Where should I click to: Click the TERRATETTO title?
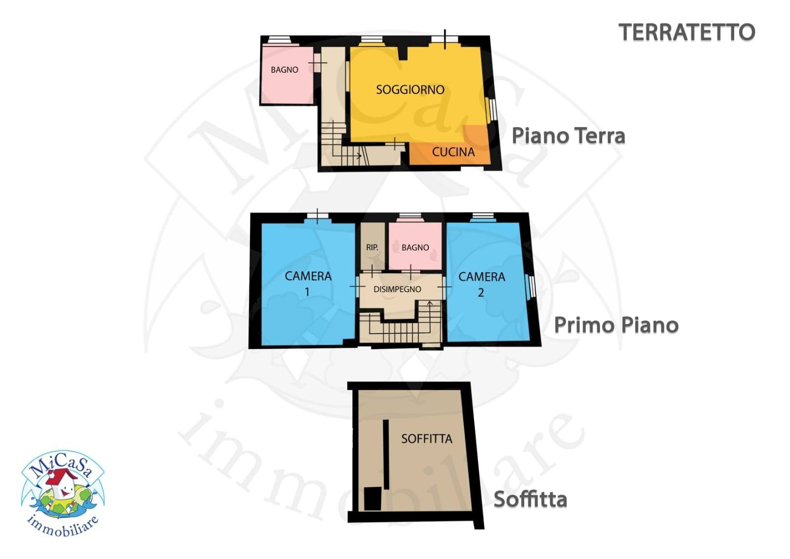[686, 33]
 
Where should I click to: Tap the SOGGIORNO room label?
[410, 90]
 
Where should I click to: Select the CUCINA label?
[453, 152]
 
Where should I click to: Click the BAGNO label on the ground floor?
[285, 70]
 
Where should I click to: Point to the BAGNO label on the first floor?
[415, 248]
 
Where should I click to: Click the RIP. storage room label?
[372, 248]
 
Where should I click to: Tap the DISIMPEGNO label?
[397, 290]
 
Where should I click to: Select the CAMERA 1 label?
[308, 284]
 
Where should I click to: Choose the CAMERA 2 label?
[482, 284]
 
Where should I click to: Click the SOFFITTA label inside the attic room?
[426, 439]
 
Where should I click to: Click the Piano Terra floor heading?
[568, 136]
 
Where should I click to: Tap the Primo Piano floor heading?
[616, 325]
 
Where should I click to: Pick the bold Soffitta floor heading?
[530, 500]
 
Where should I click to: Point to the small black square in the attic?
[373, 498]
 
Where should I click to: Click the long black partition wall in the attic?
[385, 454]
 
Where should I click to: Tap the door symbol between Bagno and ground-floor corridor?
[317, 63]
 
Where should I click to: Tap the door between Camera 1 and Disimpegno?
[356, 287]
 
